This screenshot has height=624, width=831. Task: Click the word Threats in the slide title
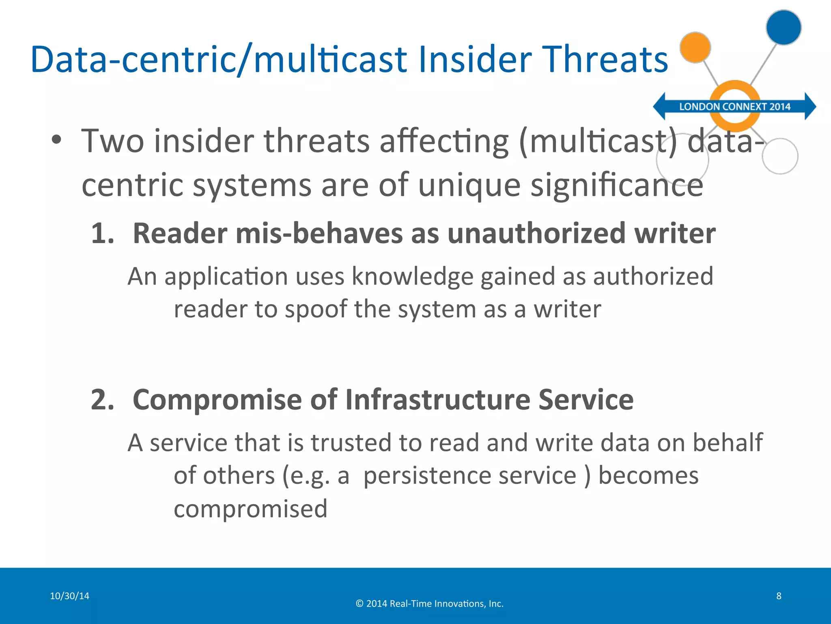coord(605,60)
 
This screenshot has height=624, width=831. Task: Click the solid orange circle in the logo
coord(695,48)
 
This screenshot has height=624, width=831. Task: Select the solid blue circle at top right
coord(784,27)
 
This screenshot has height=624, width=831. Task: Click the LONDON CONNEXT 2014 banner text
coord(735,107)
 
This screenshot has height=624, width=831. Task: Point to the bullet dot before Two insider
coord(56,140)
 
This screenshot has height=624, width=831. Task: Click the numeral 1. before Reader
coord(103,234)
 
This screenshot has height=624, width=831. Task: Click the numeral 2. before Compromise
coord(103,400)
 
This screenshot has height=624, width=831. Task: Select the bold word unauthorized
coord(536,234)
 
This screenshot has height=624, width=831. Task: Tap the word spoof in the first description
coord(316,310)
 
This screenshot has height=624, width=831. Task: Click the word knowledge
coord(412,277)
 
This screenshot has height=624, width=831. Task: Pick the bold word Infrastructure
coord(437,400)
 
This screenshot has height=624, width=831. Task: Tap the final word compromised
coord(250,509)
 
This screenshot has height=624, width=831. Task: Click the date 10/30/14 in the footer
coord(69,596)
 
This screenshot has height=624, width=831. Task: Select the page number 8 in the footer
coord(779,596)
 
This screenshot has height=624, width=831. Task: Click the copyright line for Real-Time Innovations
coord(429,604)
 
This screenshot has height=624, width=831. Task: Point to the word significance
coord(617,185)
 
